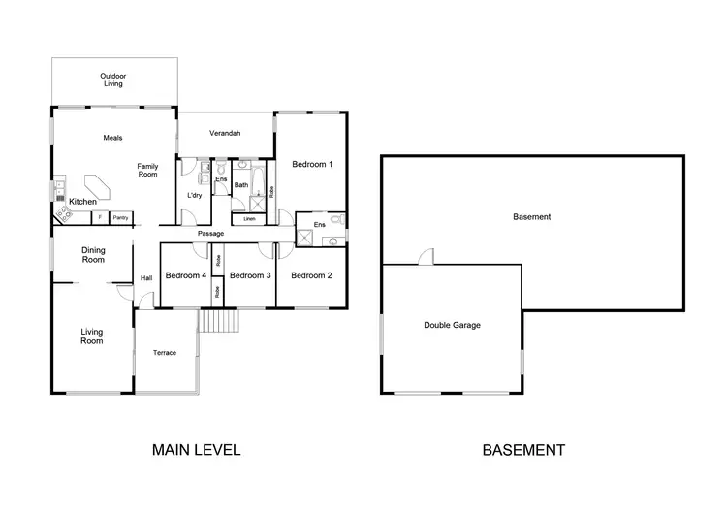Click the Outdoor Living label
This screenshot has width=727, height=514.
click(x=113, y=80)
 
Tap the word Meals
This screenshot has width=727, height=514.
click(x=112, y=138)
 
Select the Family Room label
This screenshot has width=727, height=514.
click(x=147, y=170)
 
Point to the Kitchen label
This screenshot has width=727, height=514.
click(x=82, y=201)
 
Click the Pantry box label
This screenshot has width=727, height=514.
click(x=120, y=217)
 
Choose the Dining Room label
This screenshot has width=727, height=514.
click(x=93, y=255)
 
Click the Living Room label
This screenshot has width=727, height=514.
click(x=91, y=337)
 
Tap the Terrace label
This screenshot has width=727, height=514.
click(x=165, y=353)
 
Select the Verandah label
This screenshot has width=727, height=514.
click(x=225, y=133)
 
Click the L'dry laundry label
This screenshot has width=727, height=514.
click(x=194, y=196)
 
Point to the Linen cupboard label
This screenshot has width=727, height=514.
click(x=249, y=219)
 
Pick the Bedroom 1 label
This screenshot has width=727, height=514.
click(x=312, y=164)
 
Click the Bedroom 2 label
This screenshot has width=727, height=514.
click(x=311, y=275)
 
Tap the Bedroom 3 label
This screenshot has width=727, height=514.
click(x=250, y=275)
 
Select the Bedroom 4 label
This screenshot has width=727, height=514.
click(x=186, y=275)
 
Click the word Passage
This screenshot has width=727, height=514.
click(x=210, y=234)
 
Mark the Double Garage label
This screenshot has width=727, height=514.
click(x=453, y=326)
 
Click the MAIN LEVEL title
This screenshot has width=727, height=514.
click(x=196, y=450)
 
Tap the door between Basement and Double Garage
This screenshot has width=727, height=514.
click(x=426, y=257)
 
